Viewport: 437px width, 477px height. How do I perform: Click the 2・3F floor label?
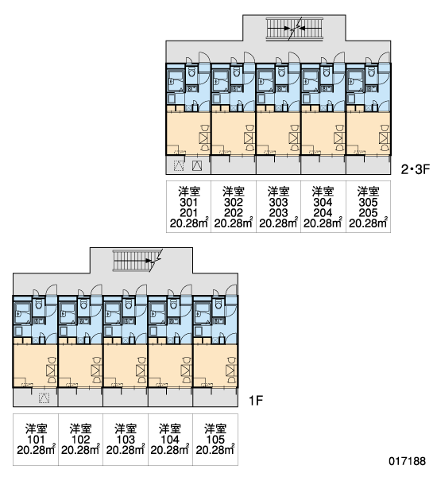[x=415, y=169]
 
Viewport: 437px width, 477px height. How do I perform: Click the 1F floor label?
[x=256, y=401]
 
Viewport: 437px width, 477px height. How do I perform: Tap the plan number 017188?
[x=407, y=461]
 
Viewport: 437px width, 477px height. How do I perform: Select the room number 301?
[x=188, y=202]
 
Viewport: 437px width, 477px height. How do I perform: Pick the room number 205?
[x=368, y=212]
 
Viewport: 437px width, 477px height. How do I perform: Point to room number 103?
[x=126, y=440]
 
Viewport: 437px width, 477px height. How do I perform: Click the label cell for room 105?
[x=215, y=440]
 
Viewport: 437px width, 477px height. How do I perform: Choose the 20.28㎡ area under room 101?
[x=36, y=450]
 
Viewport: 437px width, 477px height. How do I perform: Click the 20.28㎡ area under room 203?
[x=278, y=223]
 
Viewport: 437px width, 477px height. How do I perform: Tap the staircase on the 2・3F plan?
[x=294, y=29]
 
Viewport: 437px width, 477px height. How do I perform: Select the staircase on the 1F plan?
[x=137, y=261]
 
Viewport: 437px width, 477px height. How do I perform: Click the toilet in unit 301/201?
[x=192, y=72]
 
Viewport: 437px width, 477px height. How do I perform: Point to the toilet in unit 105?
[x=218, y=304]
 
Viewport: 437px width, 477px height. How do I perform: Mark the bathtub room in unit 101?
[x=22, y=313]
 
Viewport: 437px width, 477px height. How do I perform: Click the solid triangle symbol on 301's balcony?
[x=197, y=165]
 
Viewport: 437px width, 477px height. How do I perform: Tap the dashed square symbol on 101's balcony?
[x=44, y=398]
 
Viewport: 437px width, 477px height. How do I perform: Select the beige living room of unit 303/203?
[x=278, y=134]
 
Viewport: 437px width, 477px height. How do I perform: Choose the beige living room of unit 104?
[x=170, y=366]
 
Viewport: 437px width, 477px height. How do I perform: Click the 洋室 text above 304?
[x=323, y=192]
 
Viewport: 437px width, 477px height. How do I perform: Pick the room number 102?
[x=80, y=440]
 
